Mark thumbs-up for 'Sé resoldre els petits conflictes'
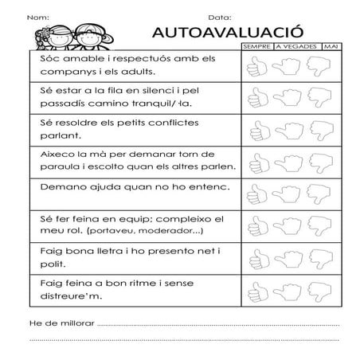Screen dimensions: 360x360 (x=256, y=130)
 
